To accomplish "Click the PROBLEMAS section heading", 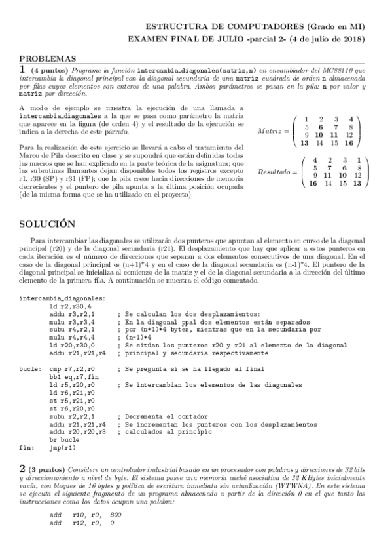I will (x=48, y=58).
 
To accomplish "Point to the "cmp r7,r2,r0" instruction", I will (x=72, y=369).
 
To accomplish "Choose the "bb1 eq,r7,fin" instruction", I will (x=74, y=377).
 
